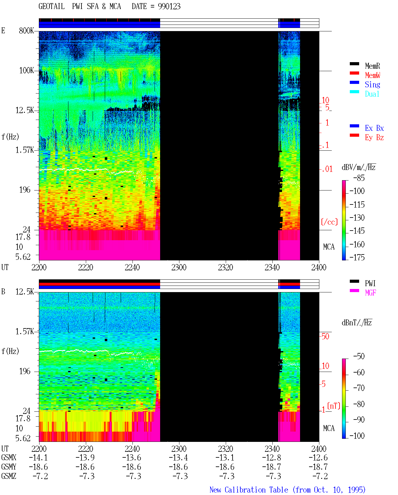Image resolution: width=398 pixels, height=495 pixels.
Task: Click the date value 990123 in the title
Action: click(x=169, y=7)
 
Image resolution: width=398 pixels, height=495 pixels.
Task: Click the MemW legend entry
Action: click(x=372, y=75)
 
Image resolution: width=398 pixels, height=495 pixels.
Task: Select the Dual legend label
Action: click(x=372, y=94)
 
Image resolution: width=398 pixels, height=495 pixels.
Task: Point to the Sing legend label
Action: click(x=372, y=85)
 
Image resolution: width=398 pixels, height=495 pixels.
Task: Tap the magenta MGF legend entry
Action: click(x=370, y=293)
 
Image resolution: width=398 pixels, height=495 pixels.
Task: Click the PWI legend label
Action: click(x=370, y=283)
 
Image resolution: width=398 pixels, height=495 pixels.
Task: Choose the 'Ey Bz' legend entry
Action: click(x=374, y=138)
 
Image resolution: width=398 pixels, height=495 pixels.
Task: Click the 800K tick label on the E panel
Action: click(x=26, y=30)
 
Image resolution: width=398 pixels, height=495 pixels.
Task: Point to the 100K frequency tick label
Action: click(x=26, y=71)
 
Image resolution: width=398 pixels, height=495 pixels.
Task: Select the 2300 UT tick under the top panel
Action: click(x=179, y=267)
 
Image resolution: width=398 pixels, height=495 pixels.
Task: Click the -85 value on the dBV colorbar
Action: click(x=359, y=178)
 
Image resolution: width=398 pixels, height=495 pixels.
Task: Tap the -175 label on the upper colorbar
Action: click(x=357, y=257)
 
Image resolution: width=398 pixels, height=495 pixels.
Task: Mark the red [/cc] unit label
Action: click(x=329, y=222)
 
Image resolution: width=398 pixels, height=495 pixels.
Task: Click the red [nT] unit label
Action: click(x=334, y=406)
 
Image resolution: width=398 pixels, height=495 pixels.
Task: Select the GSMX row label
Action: click(x=9, y=457)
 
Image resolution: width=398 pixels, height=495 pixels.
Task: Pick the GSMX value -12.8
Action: click(x=272, y=457)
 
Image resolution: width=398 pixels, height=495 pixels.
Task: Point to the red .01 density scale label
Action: click(x=327, y=169)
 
